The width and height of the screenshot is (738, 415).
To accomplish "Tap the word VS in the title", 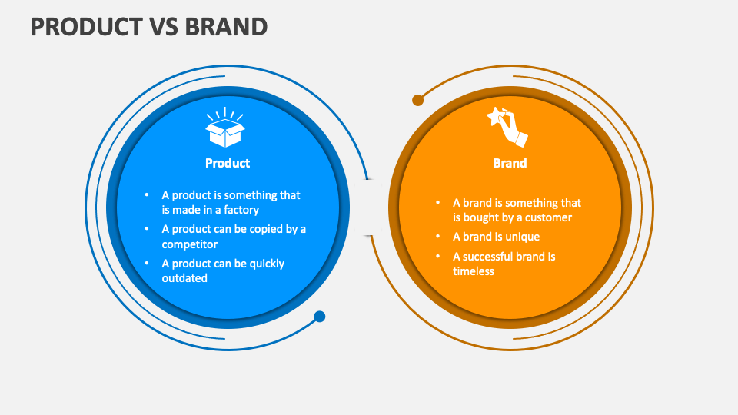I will [x=161, y=26].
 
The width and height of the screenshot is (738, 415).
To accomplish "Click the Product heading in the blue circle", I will [x=228, y=163].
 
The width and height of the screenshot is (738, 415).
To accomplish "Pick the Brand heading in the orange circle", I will [x=510, y=163].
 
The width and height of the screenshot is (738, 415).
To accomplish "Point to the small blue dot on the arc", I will [x=320, y=317].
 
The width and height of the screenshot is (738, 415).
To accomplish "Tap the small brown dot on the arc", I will [x=418, y=100].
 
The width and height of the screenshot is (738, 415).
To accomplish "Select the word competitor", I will [x=189, y=244].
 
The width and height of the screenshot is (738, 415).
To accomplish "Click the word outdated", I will [x=184, y=278].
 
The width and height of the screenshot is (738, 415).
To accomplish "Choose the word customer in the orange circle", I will [x=549, y=217].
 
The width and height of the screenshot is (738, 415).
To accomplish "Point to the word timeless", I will [x=474, y=271].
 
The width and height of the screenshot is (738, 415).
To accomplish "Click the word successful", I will [x=493, y=256].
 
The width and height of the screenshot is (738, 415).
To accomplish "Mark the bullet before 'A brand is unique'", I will [x=437, y=237].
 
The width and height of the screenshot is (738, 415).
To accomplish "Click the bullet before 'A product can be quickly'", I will [x=146, y=264].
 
